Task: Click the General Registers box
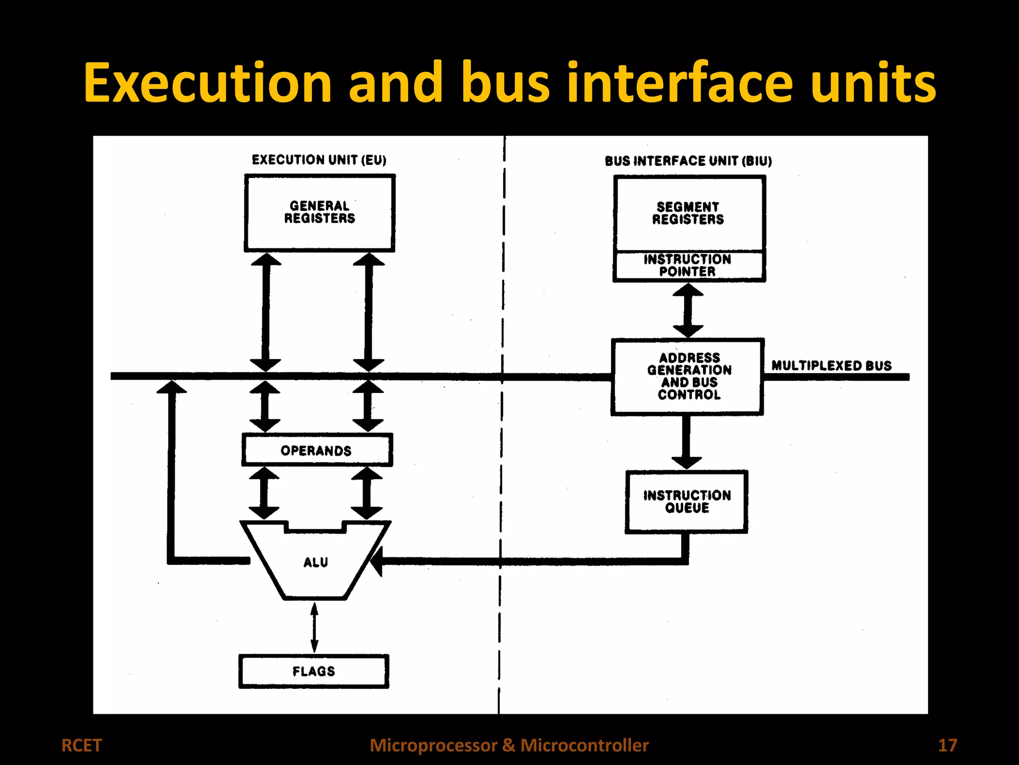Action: (x=319, y=213)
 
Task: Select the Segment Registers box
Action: (x=689, y=213)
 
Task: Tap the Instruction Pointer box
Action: (x=689, y=266)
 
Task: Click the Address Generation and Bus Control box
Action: (x=688, y=377)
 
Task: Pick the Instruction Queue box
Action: (x=687, y=502)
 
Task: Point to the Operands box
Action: (x=317, y=450)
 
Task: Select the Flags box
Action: (x=313, y=671)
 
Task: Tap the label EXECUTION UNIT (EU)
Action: (x=319, y=160)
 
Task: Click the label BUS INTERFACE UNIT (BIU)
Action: (x=688, y=161)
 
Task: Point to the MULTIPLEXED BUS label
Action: (x=831, y=366)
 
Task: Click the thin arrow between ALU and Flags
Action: (x=314, y=627)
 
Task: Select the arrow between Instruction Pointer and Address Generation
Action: (x=688, y=310)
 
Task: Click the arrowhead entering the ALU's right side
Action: (x=378, y=562)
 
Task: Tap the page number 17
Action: (x=947, y=745)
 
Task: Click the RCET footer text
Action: (x=82, y=745)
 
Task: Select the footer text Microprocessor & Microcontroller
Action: (x=509, y=745)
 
